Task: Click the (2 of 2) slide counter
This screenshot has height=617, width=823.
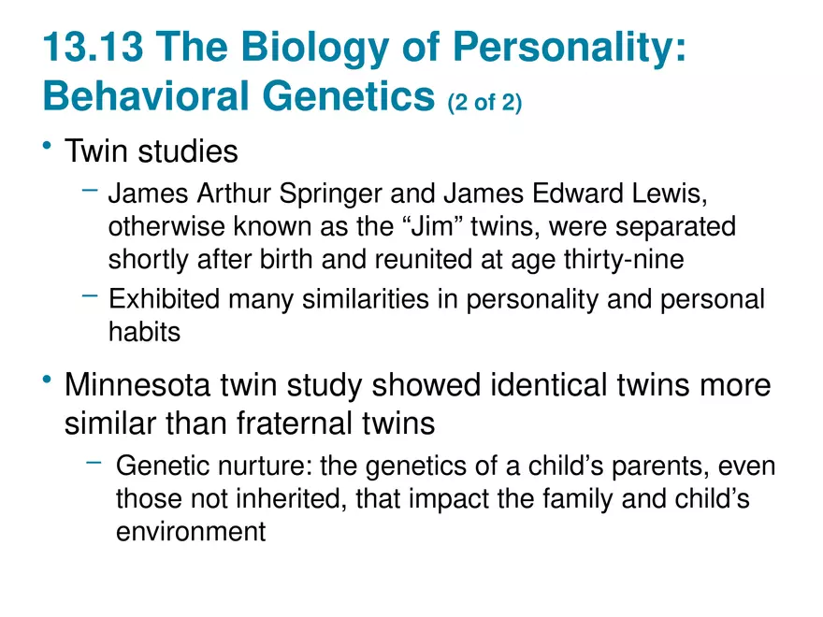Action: pyautogui.click(x=484, y=101)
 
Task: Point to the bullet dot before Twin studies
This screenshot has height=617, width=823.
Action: pyautogui.click(x=47, y=148)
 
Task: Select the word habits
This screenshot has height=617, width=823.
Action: pyautogui.click(x=145, y=331)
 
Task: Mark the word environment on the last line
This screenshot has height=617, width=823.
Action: pyautogui.click(x=192, y=531)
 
